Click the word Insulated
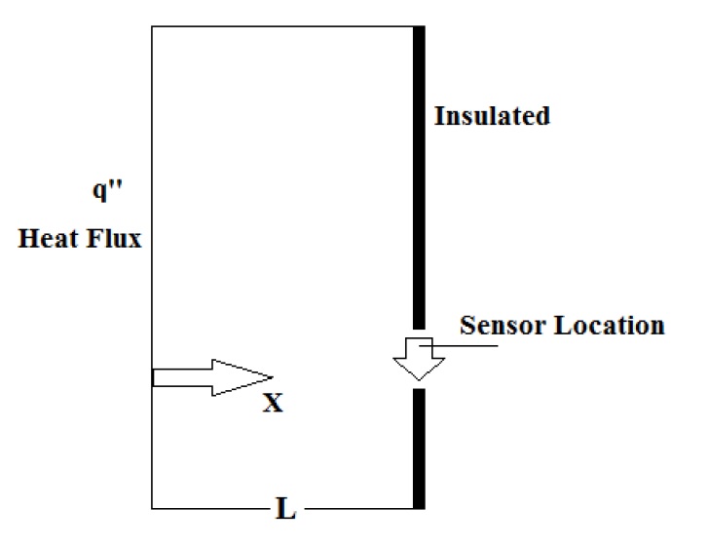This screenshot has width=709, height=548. pyautogui.click(x=492, y=116)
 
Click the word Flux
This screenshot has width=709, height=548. pyautogui.click(x=116, y=238)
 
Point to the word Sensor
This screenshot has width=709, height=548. pyautogui.click(x=502, y=325)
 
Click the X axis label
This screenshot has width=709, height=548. pyautogui.click(x=273, y=403)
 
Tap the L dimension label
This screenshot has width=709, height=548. pyautogui.click(x=285, y=508)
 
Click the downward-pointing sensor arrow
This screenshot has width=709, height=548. pyautogui.click(x=419, y=360)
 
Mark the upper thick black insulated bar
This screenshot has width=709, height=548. pyautogui.click(x=419, y=176)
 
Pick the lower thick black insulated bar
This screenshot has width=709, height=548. pyautogui.click(x=419, y=449)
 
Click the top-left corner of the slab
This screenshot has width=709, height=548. pyautogui.click(x=153, y=27)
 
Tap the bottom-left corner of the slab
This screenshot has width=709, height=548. pyautogui.click(x=153, y=508)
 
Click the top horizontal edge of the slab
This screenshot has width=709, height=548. pyautogui.click(x=282, y=27)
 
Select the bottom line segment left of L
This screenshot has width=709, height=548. pyautogui.click(x=209, y=508)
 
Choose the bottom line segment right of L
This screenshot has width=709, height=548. pyautogui.click(x=360, y=508)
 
